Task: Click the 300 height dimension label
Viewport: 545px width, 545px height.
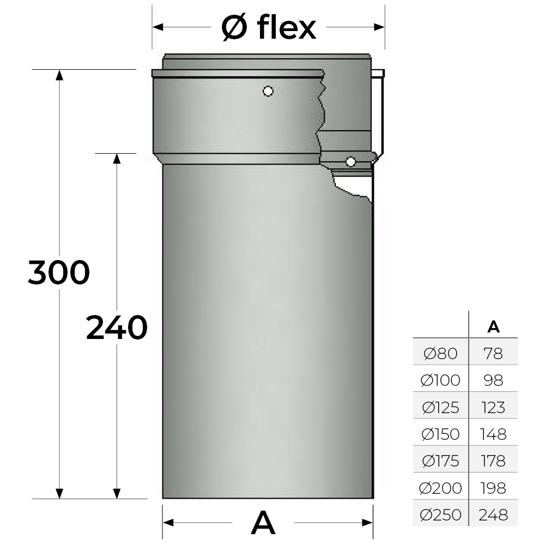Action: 59,272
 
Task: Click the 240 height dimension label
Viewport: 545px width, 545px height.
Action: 117,327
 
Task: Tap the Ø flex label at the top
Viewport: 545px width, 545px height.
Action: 269,27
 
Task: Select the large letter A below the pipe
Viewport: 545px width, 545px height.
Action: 263,523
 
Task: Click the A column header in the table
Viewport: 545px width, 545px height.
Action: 494,326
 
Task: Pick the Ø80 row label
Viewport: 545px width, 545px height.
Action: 440,354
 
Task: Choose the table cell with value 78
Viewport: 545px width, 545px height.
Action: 493,354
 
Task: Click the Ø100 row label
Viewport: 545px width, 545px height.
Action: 440,380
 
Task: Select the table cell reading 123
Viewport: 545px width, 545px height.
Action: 493,407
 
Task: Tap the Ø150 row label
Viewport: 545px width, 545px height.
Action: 440,434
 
